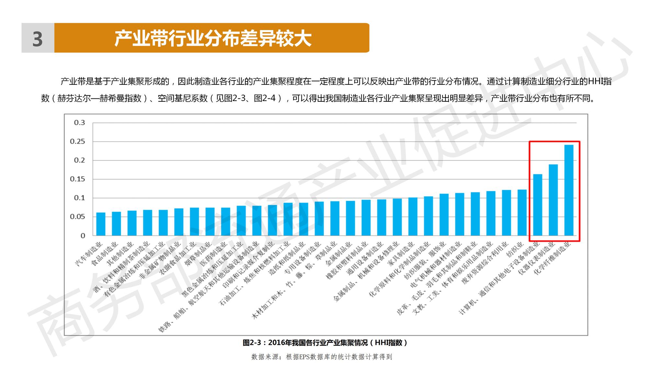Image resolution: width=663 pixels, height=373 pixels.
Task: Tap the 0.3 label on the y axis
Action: coord(79,123)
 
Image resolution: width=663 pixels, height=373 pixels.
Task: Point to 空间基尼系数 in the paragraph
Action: coord(182,98)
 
